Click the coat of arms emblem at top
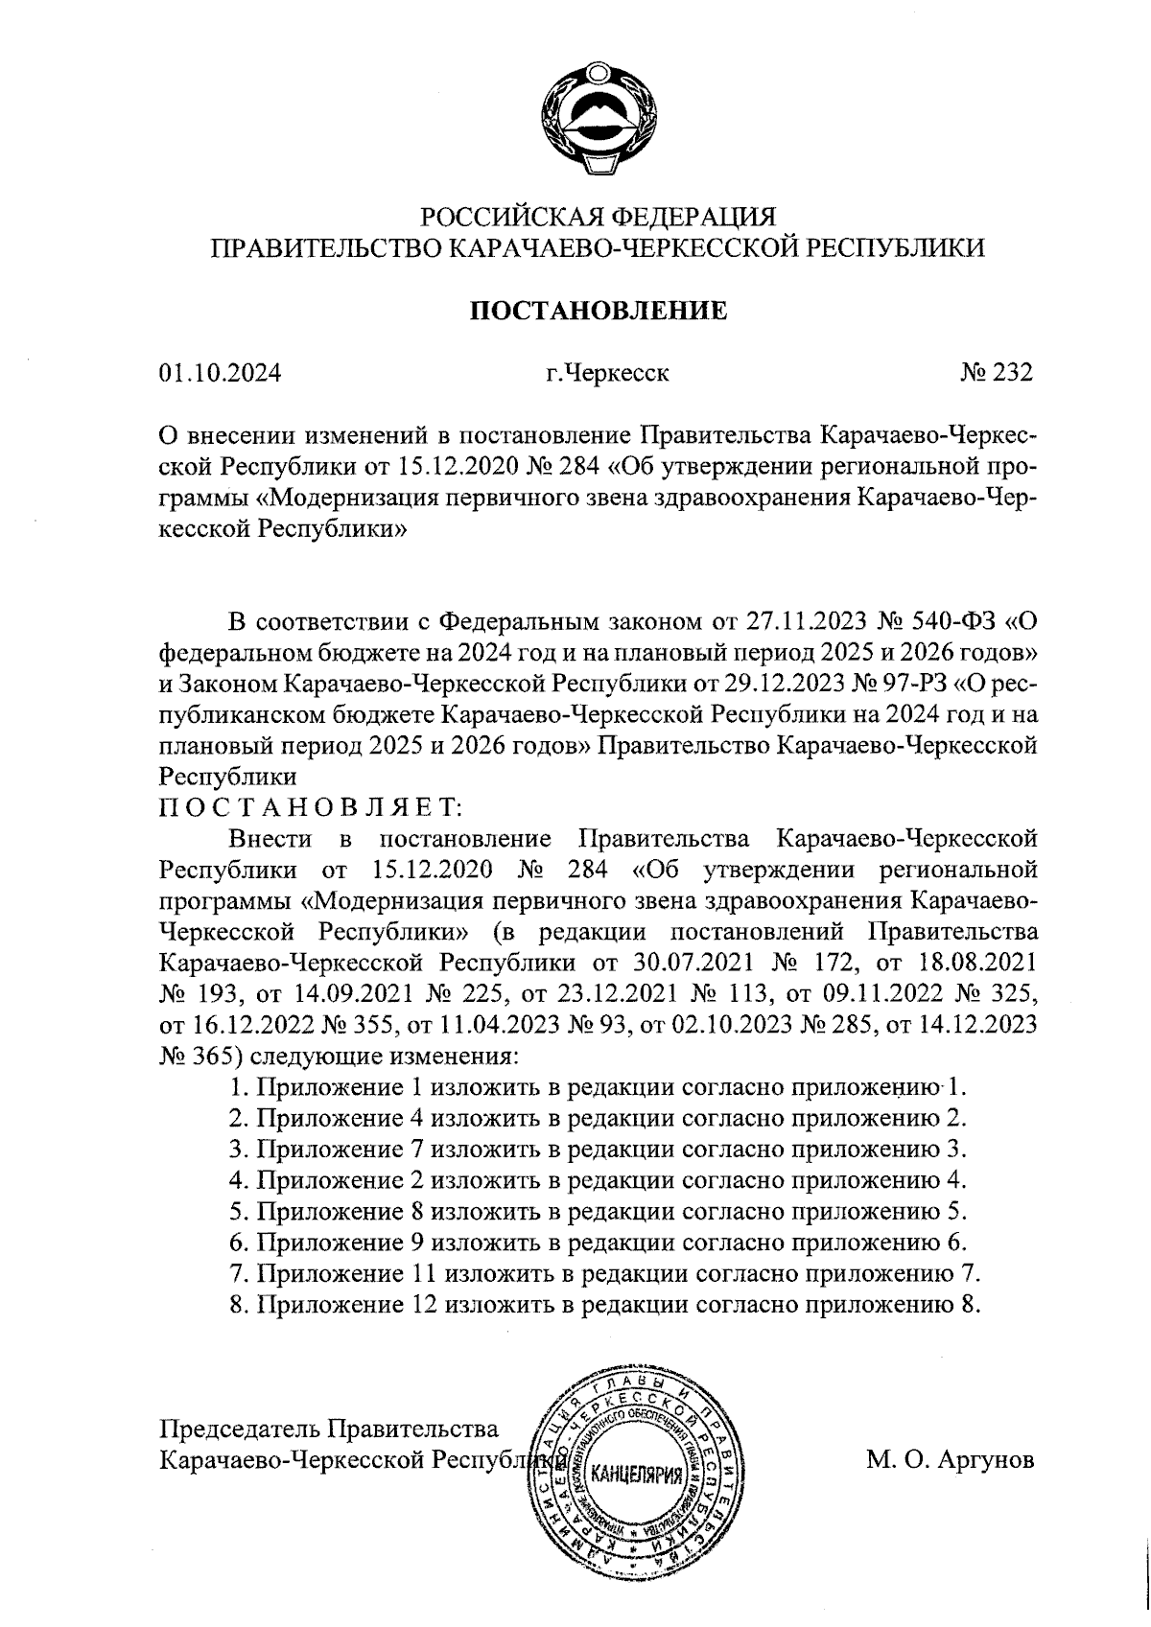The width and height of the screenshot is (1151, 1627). pyautogui.click(x=596, y=119)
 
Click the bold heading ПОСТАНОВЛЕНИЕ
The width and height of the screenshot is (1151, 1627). pyautogui.click(x=597, y=311)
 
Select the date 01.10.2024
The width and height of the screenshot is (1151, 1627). pyautogui.click(x=220, y=374)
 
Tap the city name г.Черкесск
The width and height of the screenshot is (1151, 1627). pyautogui.click(x=606, y=374)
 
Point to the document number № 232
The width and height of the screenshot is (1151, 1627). pyautogui.click(x=997, y=374)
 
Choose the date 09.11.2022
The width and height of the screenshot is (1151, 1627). pyautogui.click(x=906, y=993)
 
